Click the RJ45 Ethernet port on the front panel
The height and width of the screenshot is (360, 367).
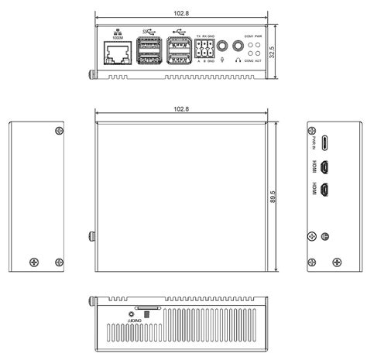coord(117,53)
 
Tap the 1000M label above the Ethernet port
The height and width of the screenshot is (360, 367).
coord(117,39)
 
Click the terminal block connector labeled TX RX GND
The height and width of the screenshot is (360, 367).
coord(206,49)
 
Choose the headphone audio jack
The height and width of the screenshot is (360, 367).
coord(235,46)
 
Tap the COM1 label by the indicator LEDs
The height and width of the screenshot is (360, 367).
coord(248,36)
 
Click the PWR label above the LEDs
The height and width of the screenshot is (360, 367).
coord(259,36)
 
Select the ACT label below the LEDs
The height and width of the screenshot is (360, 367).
coord(259,60)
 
